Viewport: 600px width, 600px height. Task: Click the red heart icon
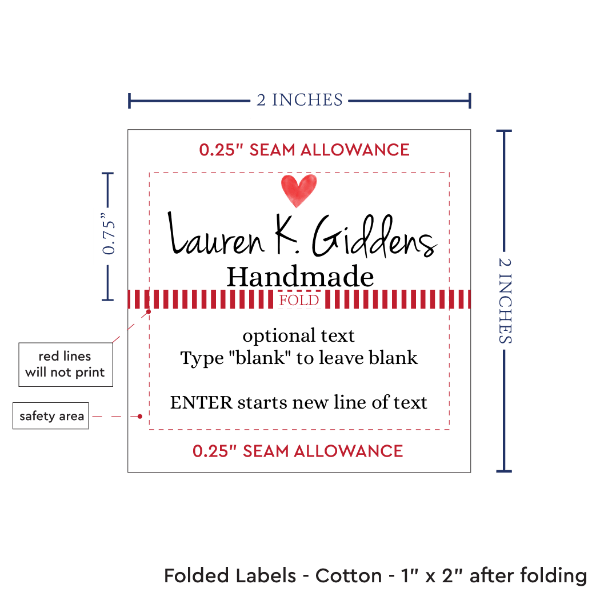(298, 188)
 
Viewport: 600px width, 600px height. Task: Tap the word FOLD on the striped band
(299, 300)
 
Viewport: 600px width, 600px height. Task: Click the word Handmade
(300, 277)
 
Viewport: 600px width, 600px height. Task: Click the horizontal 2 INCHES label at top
(299, 99)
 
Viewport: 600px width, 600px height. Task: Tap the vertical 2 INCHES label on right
(507, 299)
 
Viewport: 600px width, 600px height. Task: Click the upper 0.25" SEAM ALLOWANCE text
(304, 150)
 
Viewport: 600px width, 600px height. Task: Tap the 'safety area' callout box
(50, 416)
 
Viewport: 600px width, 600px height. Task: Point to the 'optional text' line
(299, 336)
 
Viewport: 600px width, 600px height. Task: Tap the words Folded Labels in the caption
(231, 576)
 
